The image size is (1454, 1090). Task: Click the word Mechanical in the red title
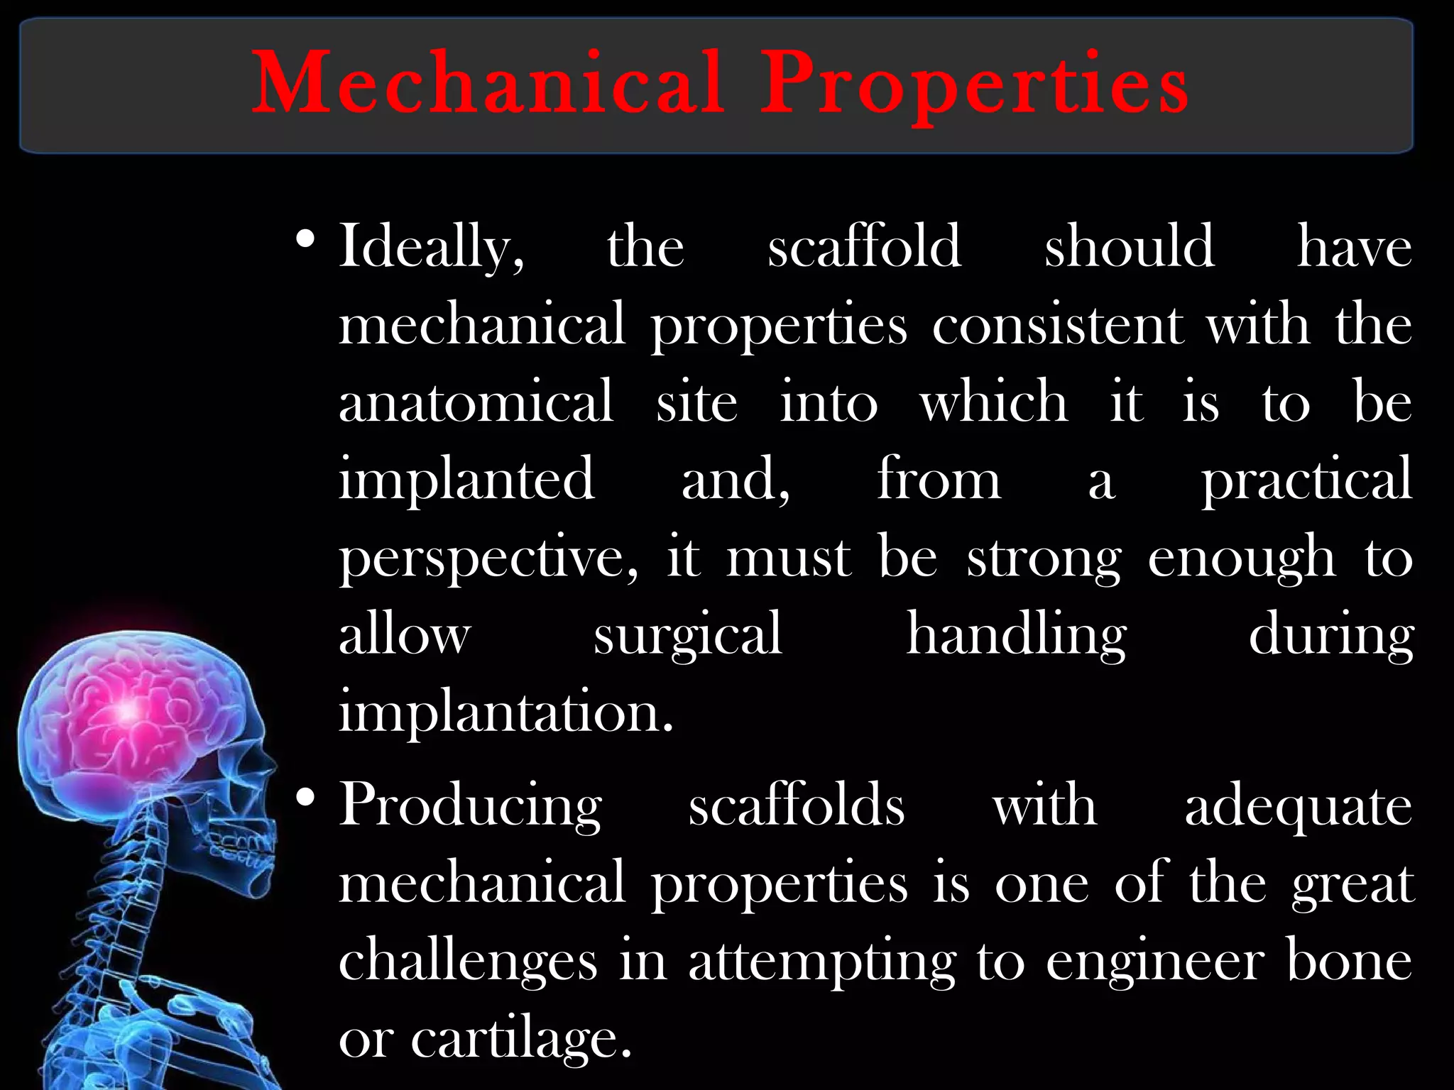488,84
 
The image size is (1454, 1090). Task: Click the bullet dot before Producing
305,799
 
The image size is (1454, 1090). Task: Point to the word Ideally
431,247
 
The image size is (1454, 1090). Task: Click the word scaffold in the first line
864,246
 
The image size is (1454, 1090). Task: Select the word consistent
1058,325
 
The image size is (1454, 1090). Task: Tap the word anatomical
476,402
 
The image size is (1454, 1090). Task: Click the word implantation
505,712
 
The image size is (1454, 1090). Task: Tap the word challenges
468,961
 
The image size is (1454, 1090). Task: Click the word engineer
1155,962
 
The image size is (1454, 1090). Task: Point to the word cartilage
521,1039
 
